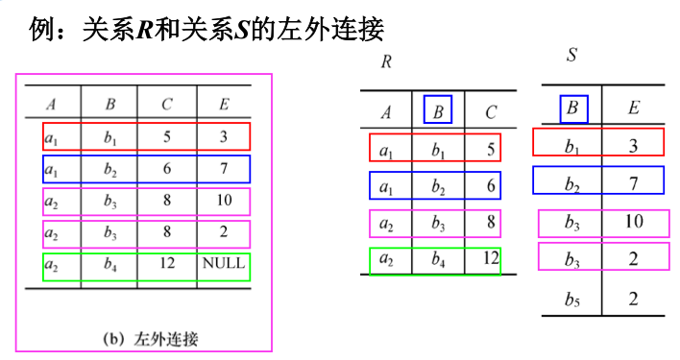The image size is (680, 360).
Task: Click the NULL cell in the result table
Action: pos(223,262)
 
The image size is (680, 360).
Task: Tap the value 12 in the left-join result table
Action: pos(167,262)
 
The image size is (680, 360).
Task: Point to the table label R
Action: pos(387,63)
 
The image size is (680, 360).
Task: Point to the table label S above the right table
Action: pos(571,55)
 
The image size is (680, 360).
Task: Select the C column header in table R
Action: pos(491,112)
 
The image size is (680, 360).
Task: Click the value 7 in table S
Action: pos(633,181)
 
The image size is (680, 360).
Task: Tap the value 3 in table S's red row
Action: pos(633,146)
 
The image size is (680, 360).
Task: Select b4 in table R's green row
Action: pos(438,258)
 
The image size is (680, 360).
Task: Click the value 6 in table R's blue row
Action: pos(491,185)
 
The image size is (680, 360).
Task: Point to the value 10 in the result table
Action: pos(223,200)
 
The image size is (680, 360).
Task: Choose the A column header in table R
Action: pos(386,112)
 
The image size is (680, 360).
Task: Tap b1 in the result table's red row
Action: pos(109,136)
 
